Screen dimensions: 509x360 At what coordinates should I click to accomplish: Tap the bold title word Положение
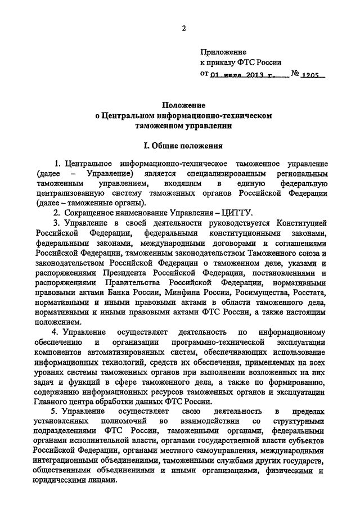click(183, 105)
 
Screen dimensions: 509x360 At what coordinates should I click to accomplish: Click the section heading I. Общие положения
click(183, 145)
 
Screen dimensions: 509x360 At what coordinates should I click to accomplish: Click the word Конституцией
click(301, 223)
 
